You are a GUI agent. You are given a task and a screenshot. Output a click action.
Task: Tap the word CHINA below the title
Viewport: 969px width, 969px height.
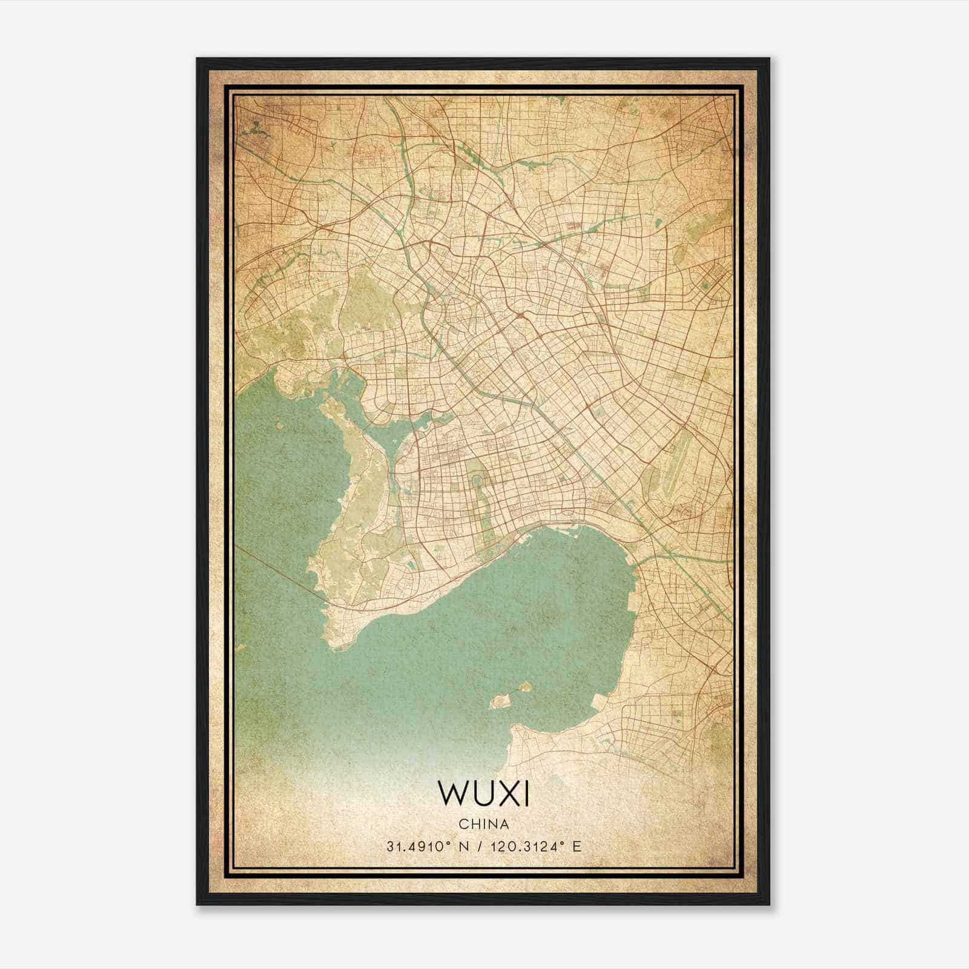[x=483, y=824]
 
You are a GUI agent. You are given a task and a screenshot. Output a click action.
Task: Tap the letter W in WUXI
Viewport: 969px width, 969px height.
[x=451, y=793]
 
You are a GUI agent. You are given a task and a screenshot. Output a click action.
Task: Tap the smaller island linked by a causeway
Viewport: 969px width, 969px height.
[x=524, y=687]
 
